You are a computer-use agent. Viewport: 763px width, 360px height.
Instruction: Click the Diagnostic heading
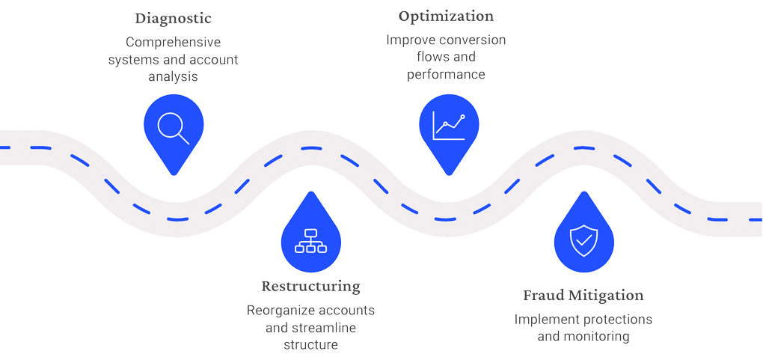pyautogui.click(x=173, y=19)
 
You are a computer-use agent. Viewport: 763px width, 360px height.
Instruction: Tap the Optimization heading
pyautogui.click(x=447, y=16)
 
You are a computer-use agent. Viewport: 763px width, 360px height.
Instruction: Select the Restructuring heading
pyautogui.click(x=310, y=287)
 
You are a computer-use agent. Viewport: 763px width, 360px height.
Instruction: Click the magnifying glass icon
pyautogui.click(x=174, y=126)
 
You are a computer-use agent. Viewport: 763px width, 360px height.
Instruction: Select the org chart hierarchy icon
pyautogui.click(x=310, y=240)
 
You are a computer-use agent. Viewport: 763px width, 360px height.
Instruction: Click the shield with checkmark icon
pyautogui.click(x=583, y=240)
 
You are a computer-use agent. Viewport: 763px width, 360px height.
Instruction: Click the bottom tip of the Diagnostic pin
pyautogui.click(x=174, y=175)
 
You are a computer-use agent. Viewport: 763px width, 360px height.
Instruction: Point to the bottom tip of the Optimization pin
pyautogui.click(x=448, y=175)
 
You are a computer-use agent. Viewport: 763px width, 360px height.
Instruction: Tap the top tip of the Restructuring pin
pyautogui.click(x=310, y=192)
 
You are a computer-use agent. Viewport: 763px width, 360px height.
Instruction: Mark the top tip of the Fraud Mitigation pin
pyautogui.click(x=583, y=192)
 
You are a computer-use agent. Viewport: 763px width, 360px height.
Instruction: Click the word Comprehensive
pyautogui.click(x=173, y=43)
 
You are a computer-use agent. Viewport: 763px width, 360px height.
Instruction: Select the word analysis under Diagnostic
pyautogui.click(x=173, y=77)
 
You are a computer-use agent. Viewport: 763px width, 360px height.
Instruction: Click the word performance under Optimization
pyautogui.click(x=447, y=75)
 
